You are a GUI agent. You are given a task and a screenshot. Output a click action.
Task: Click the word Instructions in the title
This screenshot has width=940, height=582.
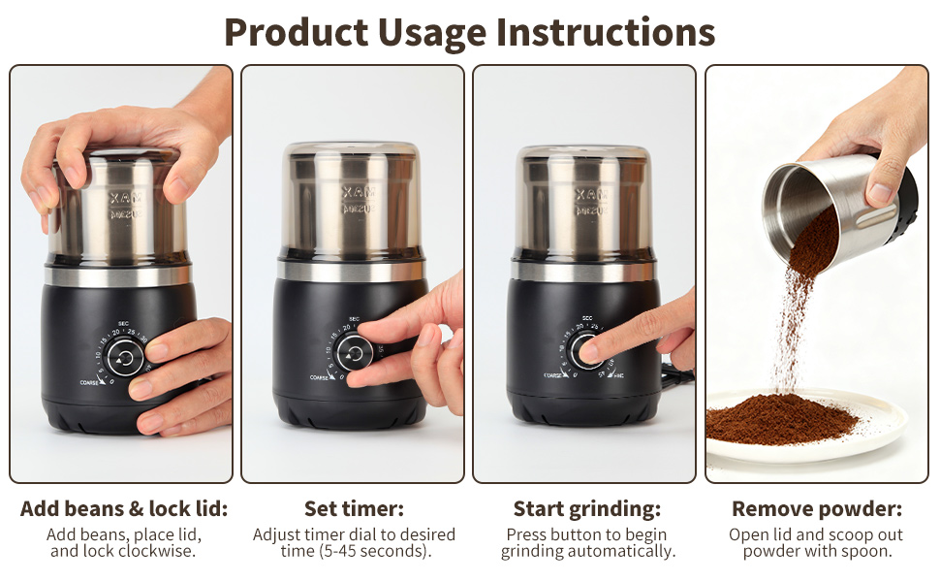(606, 31)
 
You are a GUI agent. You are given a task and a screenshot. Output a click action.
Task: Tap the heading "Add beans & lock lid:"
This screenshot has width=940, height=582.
(124, 509)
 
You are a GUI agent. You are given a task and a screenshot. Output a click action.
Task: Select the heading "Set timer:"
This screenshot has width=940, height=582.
(354, 509)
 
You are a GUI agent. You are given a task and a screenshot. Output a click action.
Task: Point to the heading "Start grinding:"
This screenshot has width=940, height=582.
(587, 509)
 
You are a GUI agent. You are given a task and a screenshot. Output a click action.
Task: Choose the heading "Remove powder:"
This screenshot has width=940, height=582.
(817, 509)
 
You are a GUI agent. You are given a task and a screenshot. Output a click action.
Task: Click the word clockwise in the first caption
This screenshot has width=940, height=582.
(159, 551)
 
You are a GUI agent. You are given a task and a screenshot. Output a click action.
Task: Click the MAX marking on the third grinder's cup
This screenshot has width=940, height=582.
(586, 194)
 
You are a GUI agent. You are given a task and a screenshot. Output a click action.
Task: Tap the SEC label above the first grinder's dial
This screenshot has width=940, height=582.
(124, 322)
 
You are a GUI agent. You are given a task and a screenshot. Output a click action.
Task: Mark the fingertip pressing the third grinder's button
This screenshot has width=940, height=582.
(588, 352)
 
